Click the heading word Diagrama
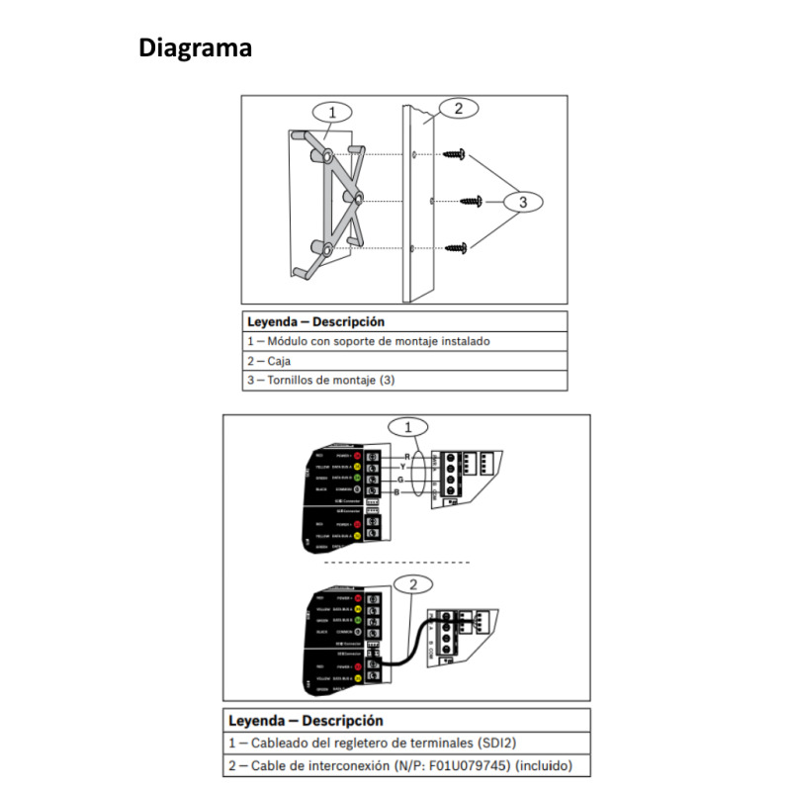click(195, 46)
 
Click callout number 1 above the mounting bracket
click(332, 111)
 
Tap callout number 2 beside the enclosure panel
click(458, 109)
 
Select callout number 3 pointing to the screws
click(524, 202)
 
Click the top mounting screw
click(456, 154)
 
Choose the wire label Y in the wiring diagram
click(403, 466)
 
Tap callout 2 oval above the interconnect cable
click(413, 583)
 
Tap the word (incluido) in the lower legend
click(543, 766)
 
